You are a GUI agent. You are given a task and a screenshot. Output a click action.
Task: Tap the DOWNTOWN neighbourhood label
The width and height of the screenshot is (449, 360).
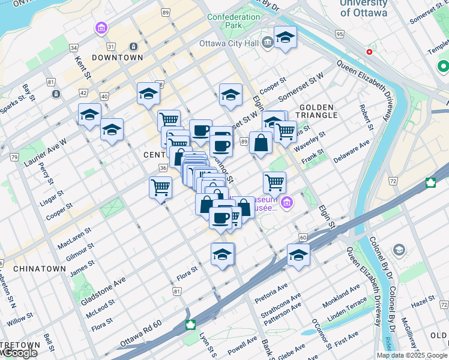coord(118,58)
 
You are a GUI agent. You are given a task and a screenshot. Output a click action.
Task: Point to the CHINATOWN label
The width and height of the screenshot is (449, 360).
coord(38,268)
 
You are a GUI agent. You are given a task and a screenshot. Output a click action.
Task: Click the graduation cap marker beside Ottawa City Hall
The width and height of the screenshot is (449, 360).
coord(285,38)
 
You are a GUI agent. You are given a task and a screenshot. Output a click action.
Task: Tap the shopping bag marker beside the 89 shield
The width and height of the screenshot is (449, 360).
coord(261,143)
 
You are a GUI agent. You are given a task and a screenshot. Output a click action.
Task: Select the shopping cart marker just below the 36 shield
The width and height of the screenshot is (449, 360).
coord(160,188)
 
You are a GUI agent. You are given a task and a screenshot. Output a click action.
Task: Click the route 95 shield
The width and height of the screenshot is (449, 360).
coord(340,34)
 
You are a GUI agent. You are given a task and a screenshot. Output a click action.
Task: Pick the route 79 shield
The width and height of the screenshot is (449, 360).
coord(14,157)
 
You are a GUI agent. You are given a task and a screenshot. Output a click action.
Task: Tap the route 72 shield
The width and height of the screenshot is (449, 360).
coord(393,181)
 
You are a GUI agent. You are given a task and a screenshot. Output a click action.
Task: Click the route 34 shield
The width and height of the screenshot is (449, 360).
coord(74,47)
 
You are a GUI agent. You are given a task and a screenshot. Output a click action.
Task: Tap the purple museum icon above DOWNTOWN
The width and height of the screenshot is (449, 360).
coord(101,28)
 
